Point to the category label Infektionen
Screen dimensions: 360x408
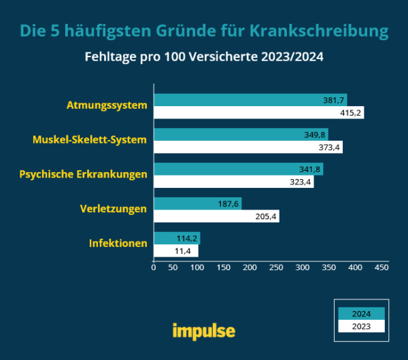(x=118, y=243)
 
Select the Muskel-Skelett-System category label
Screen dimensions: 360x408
(x=90, y=140)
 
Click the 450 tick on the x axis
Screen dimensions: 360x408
(x=381, y=268)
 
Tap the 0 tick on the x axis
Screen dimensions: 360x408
(x=154, y=268)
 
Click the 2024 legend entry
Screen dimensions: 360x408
(x=361, y=314)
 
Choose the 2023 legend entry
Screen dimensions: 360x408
(x=361, y=326)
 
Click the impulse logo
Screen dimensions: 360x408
(x=203, y=331)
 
